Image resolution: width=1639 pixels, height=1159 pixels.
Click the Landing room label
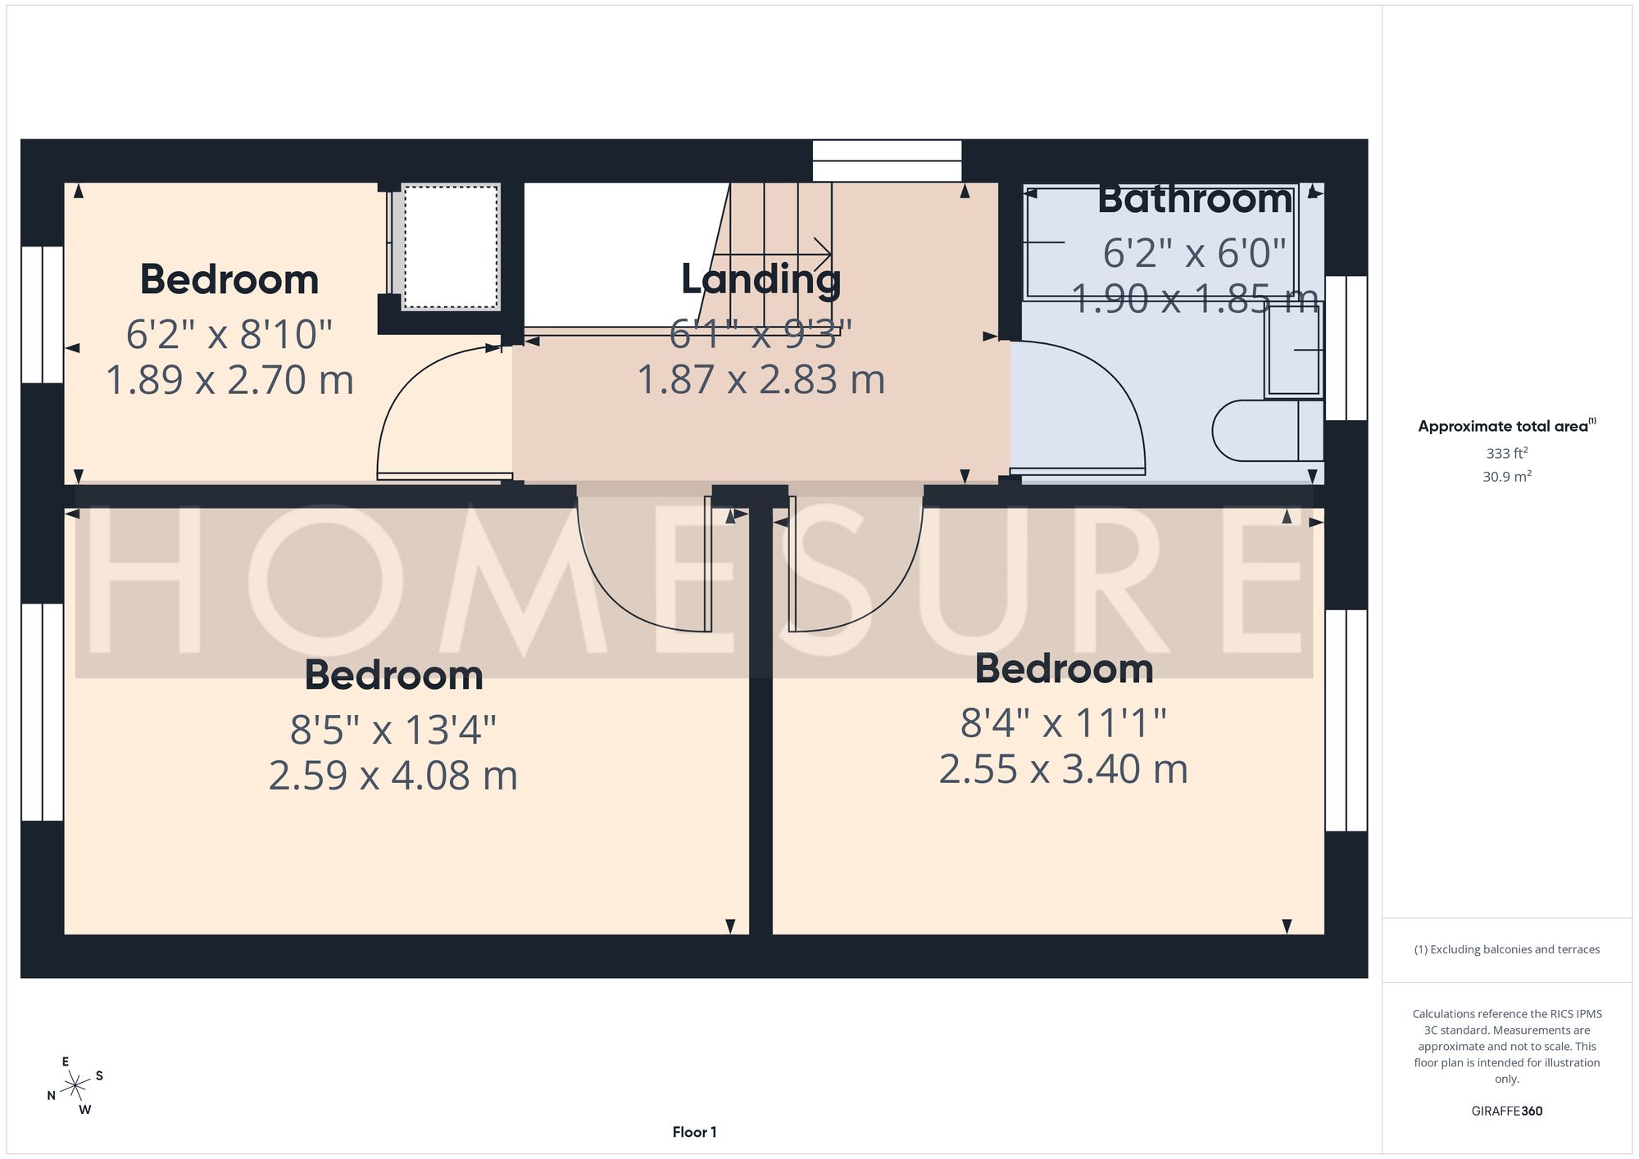pos(761,279)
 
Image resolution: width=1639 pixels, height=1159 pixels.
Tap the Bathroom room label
pos(1195,199)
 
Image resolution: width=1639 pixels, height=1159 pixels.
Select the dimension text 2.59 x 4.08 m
pos(393,776)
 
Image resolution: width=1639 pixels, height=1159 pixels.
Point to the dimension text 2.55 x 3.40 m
pos(1064,769)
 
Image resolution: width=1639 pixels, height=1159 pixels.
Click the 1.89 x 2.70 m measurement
pos(229,380)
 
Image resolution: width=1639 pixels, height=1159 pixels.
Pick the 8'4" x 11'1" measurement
pos(1064,723)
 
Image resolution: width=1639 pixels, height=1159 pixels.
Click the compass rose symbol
pos(75,1086)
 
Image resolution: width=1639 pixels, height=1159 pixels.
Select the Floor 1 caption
pos(694,1132)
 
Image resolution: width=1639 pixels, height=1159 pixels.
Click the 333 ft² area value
pos(1507,453)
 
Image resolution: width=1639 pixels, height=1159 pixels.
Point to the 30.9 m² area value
pos(1507,476)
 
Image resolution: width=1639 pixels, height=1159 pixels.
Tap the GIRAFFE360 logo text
pos(1507,1111)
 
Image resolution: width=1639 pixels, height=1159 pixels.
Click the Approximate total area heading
pos(1507,426)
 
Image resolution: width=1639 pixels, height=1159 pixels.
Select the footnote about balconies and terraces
pos(1507,949)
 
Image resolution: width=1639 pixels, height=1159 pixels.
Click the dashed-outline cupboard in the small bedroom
pos(450,247)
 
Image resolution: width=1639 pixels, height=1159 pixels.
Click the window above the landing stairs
pos(887,161)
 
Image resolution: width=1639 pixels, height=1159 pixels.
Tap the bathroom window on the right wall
pos(1346,348)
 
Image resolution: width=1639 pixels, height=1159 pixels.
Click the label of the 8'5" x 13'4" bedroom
pos(393,675)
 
